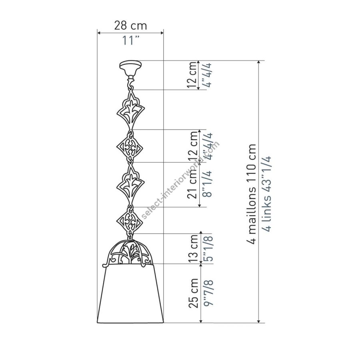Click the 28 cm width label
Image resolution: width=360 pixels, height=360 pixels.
click(130, 25)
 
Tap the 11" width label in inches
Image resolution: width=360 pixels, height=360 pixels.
click(131, 40)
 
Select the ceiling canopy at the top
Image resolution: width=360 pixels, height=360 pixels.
click(130, 69)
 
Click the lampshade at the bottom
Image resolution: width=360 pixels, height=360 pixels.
click(130, 294)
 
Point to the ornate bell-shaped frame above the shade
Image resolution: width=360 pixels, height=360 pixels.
click(128, 252)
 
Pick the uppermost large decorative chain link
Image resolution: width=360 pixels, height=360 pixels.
click(131, 110)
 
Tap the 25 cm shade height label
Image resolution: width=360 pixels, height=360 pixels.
click(193, 293)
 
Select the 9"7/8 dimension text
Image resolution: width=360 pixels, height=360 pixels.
click(209, 293)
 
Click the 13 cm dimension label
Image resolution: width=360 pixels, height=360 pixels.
click(193, 249)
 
